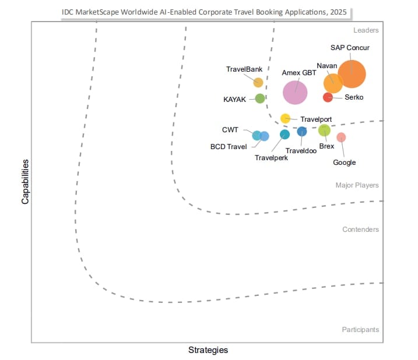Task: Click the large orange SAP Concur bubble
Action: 352,74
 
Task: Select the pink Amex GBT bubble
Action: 295,91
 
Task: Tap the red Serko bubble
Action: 328,97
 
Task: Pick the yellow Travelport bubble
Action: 285,118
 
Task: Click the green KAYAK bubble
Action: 260,98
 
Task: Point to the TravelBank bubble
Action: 258,82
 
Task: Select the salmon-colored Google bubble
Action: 341,137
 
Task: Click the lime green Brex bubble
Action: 324,130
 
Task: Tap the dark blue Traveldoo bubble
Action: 301,132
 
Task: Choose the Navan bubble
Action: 333,83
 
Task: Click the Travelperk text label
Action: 271,157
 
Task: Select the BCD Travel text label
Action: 229,147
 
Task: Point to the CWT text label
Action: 230,129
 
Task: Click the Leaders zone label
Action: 366,30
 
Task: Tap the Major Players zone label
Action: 357,185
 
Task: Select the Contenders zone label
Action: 360,230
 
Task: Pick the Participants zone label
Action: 360,330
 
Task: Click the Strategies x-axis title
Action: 208,350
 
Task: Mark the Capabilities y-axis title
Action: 26,182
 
